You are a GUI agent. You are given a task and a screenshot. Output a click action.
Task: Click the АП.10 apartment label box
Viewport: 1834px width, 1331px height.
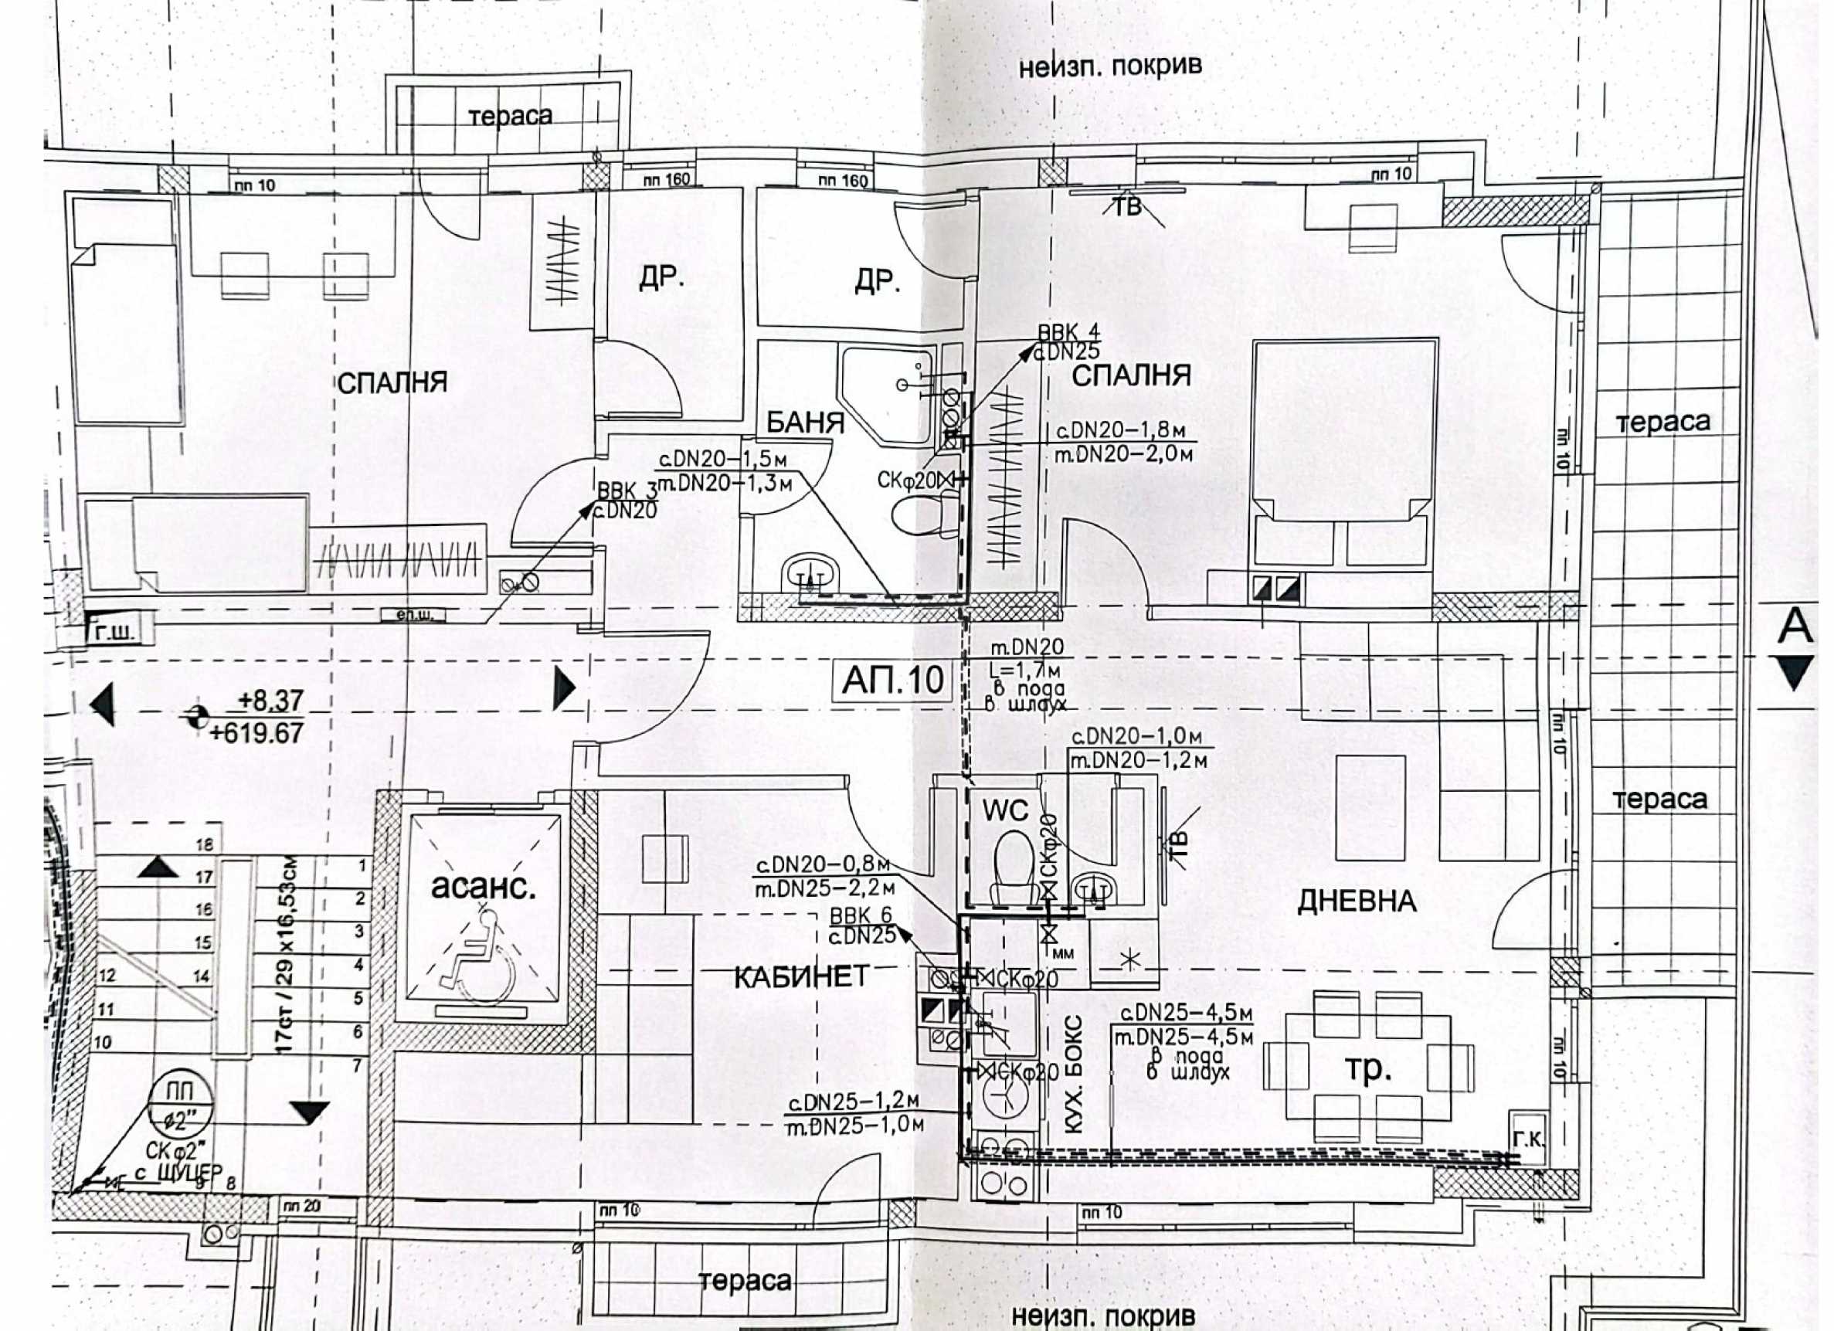pyautogui.click(x=892, y=680)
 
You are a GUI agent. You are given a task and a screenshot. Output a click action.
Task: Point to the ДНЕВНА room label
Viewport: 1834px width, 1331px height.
pyautogui.click(x=1356, y=901)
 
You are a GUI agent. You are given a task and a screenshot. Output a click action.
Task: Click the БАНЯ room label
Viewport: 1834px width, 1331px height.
pyautogui.click(x=805, y=422)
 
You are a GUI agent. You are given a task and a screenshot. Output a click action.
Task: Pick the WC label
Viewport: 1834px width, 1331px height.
pyautogui.click(x=1005, y=810)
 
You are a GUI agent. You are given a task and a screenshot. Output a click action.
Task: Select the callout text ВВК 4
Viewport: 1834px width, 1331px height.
pyautogui.click(x=1068, y=333)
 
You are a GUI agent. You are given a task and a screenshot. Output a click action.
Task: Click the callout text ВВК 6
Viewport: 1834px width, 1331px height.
pyautogui.click(x=861, y=915)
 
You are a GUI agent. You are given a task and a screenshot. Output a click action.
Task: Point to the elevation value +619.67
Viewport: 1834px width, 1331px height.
pyautogui.click(x=256, y=733)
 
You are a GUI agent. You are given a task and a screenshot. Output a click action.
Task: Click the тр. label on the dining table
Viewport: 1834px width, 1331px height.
pyautogui.click(x=1367, y=1069)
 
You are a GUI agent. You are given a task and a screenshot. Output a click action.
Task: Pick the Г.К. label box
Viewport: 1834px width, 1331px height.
pyautogui.click(x=1527, y=1139)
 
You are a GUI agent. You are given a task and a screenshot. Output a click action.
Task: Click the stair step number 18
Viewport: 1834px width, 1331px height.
pyautogui.click(x=205, y=844)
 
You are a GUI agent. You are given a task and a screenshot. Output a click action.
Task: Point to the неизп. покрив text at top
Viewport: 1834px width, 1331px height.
pyautogui.click(x=1109, y=66)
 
